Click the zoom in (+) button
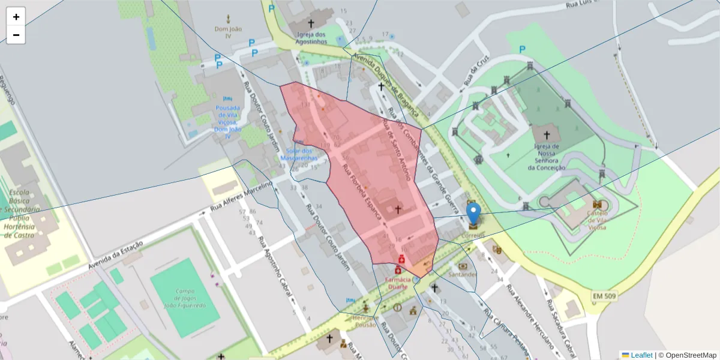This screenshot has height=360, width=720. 16,17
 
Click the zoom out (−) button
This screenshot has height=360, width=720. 16,35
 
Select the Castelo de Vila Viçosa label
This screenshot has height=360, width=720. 597,220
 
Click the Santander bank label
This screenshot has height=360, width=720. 463,275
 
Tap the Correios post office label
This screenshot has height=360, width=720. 474,236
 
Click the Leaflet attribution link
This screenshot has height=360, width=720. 641,355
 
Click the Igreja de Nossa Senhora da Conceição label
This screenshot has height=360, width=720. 547,157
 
